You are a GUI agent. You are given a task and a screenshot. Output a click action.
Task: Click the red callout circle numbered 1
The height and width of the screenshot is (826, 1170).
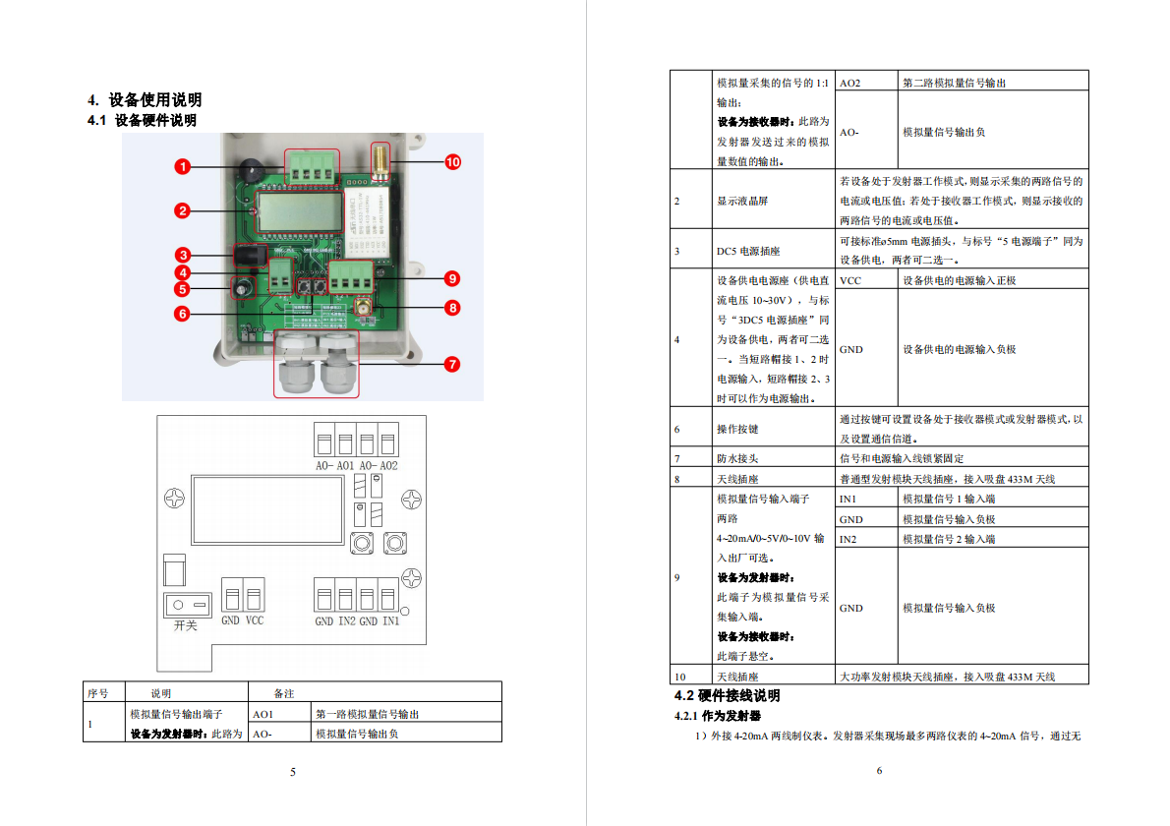click(183, 166)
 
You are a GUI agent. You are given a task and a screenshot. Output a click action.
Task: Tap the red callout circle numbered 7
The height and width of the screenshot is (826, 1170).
click(451, 364)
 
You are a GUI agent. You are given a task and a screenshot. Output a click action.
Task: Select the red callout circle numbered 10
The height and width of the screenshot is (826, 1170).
click(452, 162)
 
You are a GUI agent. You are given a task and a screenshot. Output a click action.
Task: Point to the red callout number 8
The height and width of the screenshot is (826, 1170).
click(451, 308)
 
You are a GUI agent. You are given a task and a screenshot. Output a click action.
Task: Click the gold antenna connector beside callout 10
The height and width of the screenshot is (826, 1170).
click(380, 162)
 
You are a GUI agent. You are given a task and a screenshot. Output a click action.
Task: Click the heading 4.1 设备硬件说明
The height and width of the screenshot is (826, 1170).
click(142, 120)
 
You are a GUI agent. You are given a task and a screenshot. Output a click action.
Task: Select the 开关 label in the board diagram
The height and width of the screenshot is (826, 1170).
click(185, 625)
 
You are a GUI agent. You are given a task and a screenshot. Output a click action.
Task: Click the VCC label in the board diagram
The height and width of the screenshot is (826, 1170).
click(255, 620)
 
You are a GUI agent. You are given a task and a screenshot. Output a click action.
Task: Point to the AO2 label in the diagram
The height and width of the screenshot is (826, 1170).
click(388, 465)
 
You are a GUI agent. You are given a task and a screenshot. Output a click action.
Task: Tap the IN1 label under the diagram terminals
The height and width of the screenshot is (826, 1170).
click(391, 620)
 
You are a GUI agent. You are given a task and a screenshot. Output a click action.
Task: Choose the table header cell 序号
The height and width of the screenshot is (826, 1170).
click(97, 693)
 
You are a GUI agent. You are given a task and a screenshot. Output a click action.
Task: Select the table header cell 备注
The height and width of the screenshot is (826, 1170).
click(283, 693)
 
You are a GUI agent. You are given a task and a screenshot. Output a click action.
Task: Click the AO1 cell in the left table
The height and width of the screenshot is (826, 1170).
click(263, 714)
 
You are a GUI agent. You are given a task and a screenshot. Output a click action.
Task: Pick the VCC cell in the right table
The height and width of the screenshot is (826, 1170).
click(849, 280)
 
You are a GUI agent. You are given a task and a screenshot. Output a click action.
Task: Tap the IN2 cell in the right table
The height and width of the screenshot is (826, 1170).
click(848, 539)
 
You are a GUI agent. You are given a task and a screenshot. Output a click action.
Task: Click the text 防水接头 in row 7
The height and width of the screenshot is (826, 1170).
click(737, 459)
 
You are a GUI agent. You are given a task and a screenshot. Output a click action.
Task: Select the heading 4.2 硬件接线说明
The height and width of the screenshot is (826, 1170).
click(727, 695)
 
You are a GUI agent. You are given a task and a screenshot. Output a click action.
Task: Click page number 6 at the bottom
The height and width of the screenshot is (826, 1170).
click(879, 770)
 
